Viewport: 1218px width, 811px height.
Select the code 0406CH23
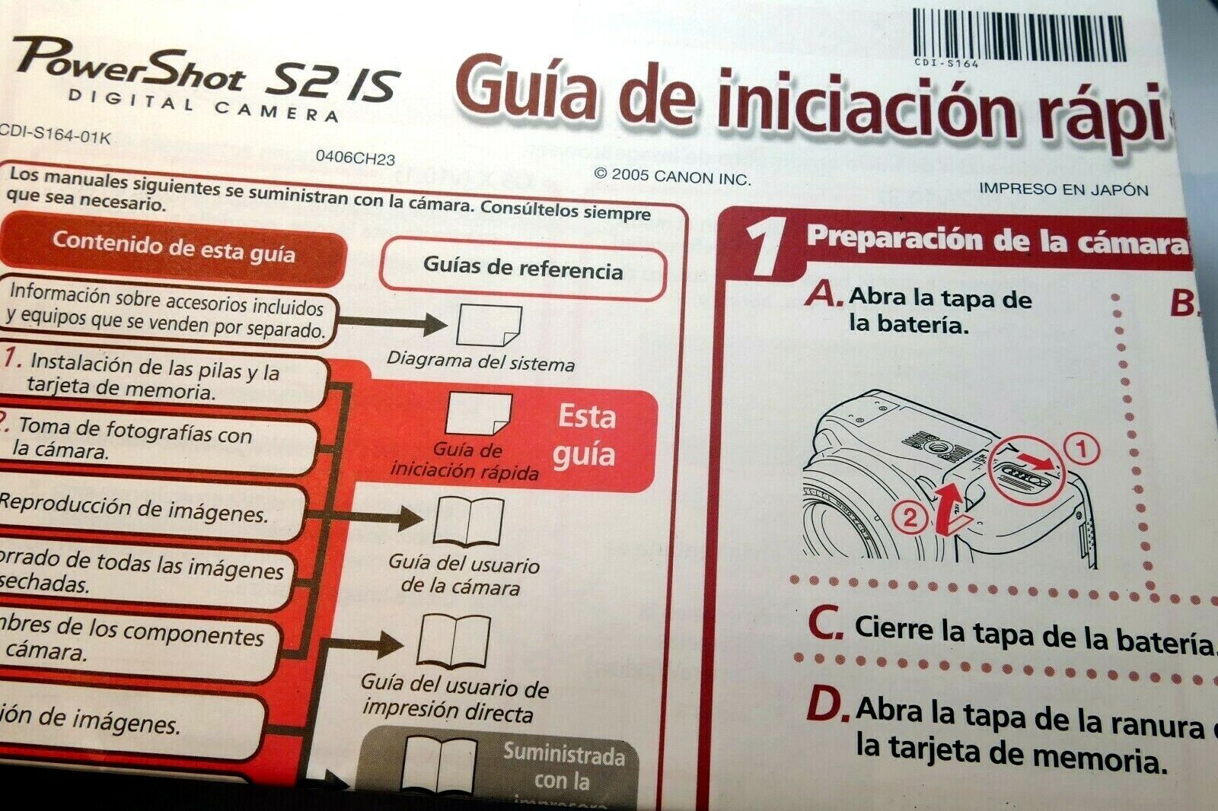[x=356, y=158]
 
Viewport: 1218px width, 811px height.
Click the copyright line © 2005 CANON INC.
[x=671, y=177]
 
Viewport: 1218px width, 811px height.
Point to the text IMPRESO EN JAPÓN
[x=1063, y=189]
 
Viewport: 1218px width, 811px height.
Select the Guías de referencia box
[x=523, y=269]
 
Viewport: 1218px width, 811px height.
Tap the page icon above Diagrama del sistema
[x=488, y=326]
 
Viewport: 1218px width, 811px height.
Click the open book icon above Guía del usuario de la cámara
[x=467, y=522]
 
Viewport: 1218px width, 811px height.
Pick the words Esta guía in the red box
[x=585, y=435]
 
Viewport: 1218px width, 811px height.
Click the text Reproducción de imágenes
[x=134, y=508]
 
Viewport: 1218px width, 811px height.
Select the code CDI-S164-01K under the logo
[x=55, y=135]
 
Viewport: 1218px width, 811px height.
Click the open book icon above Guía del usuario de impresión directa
[x=454, y=641]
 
